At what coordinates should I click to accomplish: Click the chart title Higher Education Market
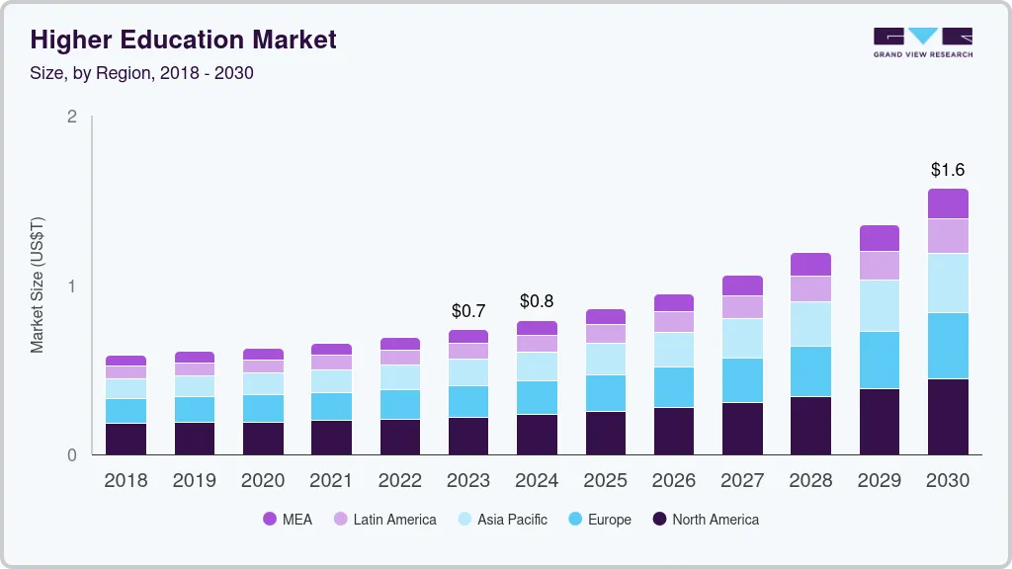(184, 40)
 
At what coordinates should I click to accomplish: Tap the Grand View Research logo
(922, 41)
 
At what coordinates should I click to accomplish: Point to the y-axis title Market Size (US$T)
(38, 285)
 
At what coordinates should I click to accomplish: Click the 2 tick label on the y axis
(71, 117)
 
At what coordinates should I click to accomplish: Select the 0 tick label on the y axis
(71, 455)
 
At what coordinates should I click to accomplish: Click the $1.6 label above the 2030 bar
(948, 170)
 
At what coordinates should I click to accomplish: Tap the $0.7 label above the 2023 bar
(467, 311)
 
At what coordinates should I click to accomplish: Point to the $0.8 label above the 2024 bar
(537, 301)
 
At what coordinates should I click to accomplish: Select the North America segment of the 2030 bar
(948, 417)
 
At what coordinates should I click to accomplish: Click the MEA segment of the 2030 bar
(948, 203)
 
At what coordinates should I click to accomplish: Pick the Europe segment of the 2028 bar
(810, 371)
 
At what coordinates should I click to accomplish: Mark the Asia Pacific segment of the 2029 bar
(879, 305)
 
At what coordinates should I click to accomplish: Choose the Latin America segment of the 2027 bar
(742, 307)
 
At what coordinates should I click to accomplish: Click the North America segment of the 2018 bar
(126, 440)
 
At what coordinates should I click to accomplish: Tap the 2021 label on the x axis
(331, 481)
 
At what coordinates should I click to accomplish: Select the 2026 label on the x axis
(673, 481)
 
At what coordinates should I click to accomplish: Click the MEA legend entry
(288, 520)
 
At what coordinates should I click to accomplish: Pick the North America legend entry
(706, 520)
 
